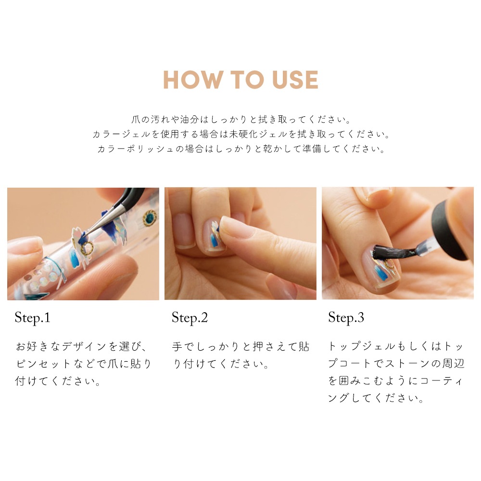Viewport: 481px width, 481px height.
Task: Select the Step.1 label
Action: [x=32, y=317]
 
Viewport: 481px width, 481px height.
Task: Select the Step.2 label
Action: [x=190, y=317]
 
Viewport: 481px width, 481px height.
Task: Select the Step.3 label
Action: [x=346, y=317]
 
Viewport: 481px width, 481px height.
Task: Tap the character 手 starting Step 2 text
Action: [x=177, y=346]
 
